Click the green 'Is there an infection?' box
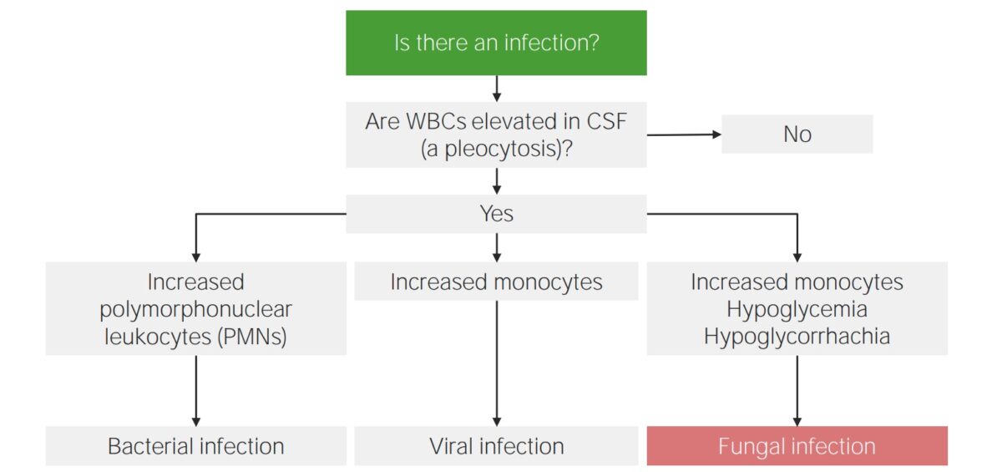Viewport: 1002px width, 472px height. pyautogui.click(x=496, y=43)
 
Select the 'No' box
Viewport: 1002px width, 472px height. pyautogui.click(x=797, y=134)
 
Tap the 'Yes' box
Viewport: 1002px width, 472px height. pyautogui.click(x=496, y=214)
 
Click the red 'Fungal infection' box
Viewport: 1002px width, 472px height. pyautogui.click(x=797, y=446)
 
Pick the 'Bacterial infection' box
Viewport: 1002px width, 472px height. pyautogui.click(x=195, y=446)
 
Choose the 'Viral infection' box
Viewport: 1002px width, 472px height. pyautogui.click(x=496, y=446)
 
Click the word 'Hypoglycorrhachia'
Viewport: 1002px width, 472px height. pyautogui.click(x=797, y=336)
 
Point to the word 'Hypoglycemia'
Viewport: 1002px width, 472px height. pyautogui.click(x=797, y=309)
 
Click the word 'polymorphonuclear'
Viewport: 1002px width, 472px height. pyautogui.click(x=195, y=309)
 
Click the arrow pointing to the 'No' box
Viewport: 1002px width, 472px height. pyautogui.click(x=685, y=134)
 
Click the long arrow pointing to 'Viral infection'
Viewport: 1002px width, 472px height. pyautogui.click(x=497, y=363)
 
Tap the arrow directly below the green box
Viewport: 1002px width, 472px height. pyautogui.click(x=497, y=89)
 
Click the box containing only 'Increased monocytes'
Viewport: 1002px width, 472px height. pyautogui.click(x=496, y=282)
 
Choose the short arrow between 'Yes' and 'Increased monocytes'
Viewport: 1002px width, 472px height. pyautogui.click(x=497, y=247)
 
